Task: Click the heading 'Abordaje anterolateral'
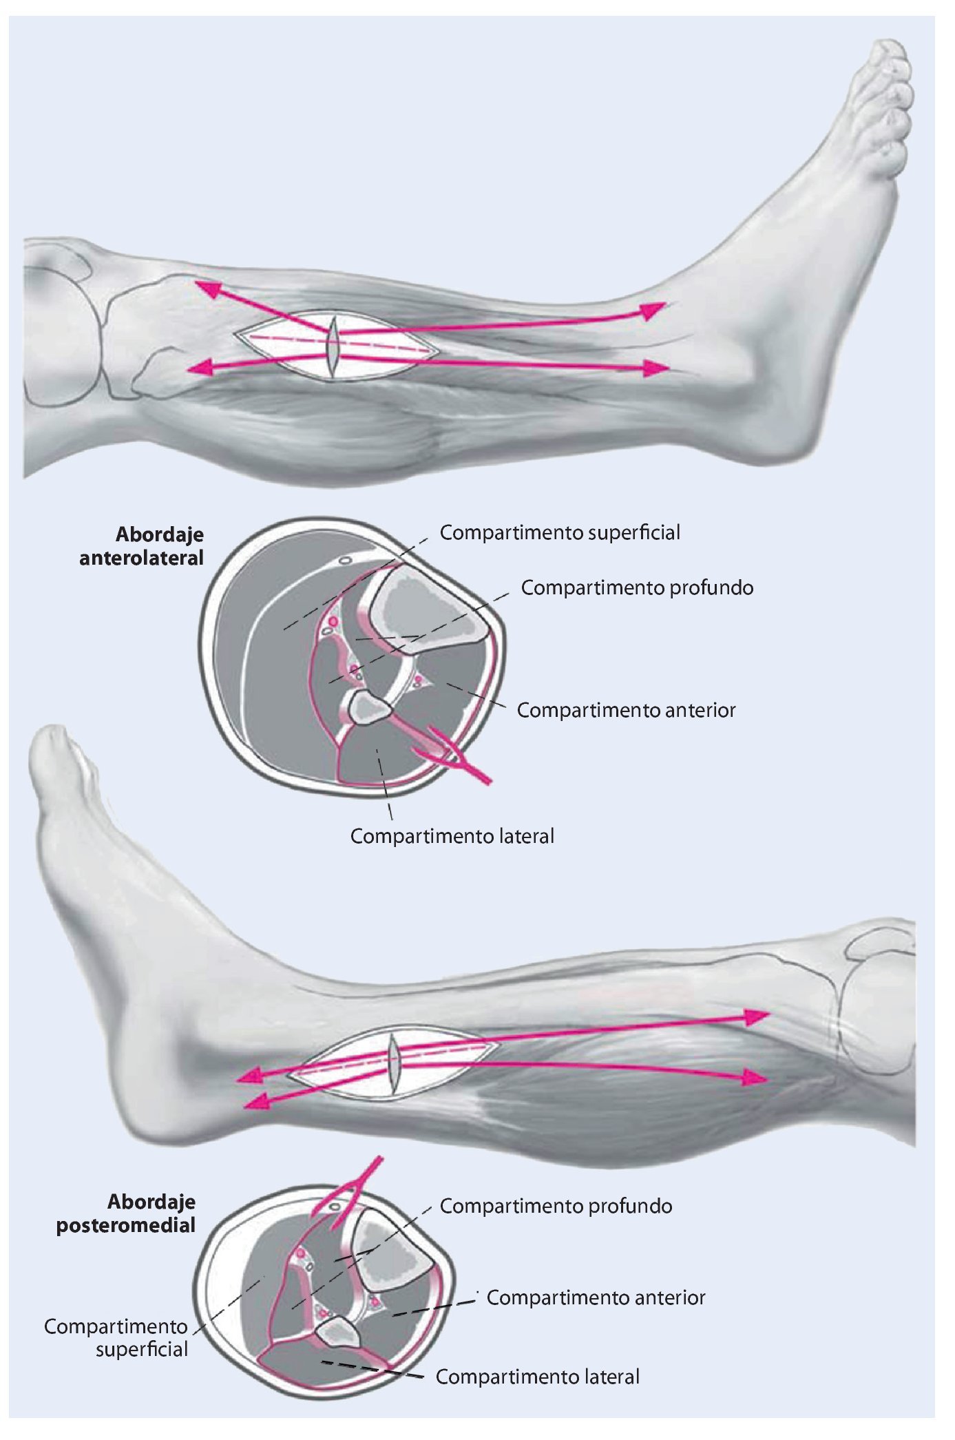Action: [x=142, y=547]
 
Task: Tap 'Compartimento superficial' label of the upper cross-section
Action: [x=560, y=532]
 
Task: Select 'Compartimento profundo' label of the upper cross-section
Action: [x=637, y=587]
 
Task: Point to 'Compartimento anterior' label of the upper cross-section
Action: [x=626, y=710]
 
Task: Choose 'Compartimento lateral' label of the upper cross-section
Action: [x=452, y=836]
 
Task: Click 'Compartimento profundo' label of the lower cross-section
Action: [x=556, y=1206]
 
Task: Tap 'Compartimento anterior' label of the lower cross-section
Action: [x=596, y=1297]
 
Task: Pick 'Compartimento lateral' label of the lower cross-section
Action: [x=537, y=1377]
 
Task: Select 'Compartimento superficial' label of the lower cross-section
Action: [x=117, y=1337]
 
